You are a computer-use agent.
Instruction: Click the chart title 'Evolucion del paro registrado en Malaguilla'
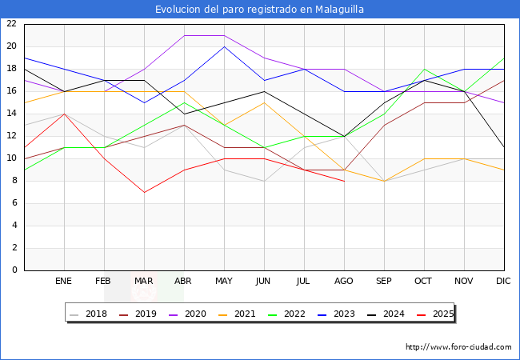pyautogui.click(x=260, y=9)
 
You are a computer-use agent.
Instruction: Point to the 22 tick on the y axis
pyautogui.click(x=11, y=24)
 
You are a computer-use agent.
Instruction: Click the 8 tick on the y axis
pyautogui.click(x=14, y=181)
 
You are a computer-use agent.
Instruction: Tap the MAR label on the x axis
pyautogui.click(x=144, y=282)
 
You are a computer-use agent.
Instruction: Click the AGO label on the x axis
pyautogui.click(x=344, y=282)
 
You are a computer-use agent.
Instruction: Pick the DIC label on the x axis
pyautogui.click(x=504, y=282)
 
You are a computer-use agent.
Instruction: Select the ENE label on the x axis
pyautogui.click(x=64, y=282)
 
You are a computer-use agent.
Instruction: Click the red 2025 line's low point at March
pyautogui.click(x=144, y=192)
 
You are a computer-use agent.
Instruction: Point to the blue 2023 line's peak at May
pyautogui.click(x=224, y=46)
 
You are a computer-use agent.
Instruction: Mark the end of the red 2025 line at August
pyautogui.click(x=344, y=181)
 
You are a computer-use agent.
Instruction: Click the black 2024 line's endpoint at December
pyautogui.click(x=504, y=147)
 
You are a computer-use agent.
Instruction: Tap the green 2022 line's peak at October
pyautogui.click(x=424, y=69)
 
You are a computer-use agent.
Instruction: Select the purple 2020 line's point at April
pyautogui.click(x=184, y=35)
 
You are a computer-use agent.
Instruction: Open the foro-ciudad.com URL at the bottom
pyautogui.click(x=458, y=347)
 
